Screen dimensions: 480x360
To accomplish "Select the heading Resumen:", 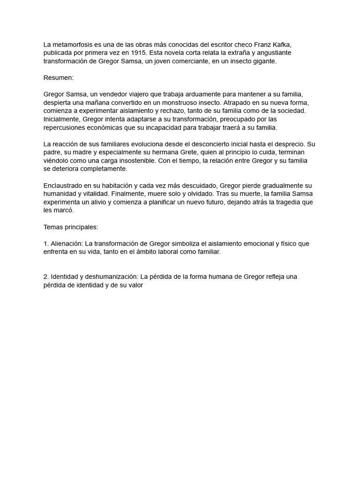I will point(59,78).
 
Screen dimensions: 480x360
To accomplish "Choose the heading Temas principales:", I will point(71,227).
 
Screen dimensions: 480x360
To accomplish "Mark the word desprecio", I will point(289,144).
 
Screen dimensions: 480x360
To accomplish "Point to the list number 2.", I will point(45,277).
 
